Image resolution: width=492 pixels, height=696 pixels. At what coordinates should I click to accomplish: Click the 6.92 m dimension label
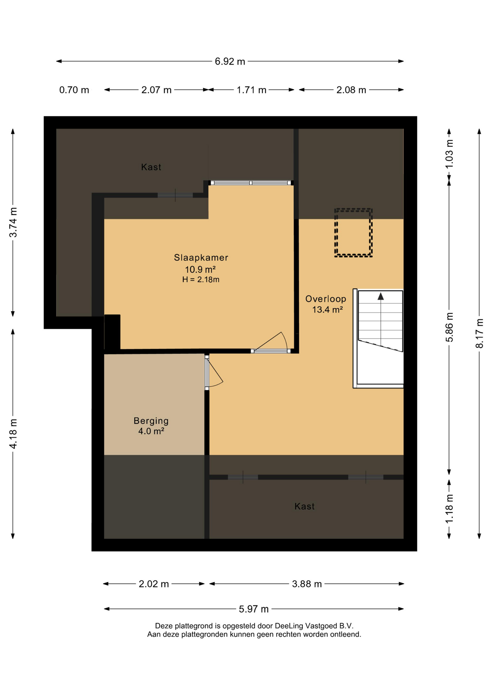click(230, 62)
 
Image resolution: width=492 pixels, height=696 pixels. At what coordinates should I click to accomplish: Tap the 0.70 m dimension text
click(74, 90)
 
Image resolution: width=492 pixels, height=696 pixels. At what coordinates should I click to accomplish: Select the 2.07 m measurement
click(156, 90)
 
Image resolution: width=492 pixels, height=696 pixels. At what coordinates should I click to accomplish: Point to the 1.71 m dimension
click(251, 90)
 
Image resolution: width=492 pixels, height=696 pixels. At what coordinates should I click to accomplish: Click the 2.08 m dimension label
click(351, 90)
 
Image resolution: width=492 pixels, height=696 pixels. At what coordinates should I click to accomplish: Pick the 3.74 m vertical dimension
click(13, 222)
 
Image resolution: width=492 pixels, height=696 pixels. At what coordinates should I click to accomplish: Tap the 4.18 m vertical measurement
click(13, 434)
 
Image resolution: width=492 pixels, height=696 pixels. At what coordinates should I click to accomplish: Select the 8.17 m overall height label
click(479, 333)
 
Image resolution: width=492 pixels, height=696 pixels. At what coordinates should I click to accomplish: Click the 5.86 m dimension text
click(449, 327)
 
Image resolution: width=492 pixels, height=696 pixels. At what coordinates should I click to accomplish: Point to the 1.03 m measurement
click(449, 154)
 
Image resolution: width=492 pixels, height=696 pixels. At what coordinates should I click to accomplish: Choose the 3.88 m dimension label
click(307, 584)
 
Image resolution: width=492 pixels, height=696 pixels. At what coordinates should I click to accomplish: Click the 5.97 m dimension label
click(254, 609)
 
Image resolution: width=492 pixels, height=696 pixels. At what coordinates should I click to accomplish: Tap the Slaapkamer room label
click(201, 258)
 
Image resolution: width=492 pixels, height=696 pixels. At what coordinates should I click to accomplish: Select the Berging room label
click(151, 421)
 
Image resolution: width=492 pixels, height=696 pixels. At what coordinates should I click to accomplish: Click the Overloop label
click(326, 299)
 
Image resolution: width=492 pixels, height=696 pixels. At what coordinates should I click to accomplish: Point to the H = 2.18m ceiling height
click(201, 279)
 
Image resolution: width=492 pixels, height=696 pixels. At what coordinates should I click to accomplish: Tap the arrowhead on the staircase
click(380, 297)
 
